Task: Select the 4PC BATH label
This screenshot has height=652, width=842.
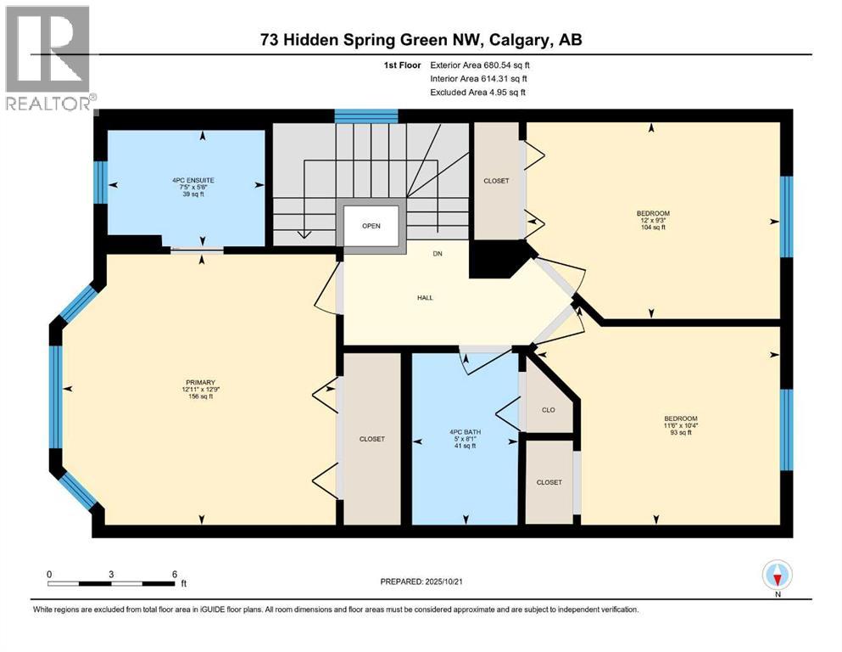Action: (465, 433)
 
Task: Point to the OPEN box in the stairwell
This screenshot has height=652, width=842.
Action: (371, 226)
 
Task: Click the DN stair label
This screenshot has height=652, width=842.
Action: (437, 253)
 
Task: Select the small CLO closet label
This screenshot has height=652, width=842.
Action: (548, 410)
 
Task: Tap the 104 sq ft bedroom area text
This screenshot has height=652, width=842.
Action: (652, 228)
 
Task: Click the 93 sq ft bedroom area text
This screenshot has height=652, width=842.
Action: (680, 433)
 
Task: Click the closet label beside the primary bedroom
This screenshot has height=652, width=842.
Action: (371, 439)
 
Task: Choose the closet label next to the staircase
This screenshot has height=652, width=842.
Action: (496, 181)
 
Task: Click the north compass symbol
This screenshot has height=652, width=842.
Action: (777, 576)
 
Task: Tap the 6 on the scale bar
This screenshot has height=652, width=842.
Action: (174, 573)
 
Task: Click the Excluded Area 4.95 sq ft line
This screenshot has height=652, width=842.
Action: (477, 92)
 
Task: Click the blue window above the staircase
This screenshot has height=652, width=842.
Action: (366, 116)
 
